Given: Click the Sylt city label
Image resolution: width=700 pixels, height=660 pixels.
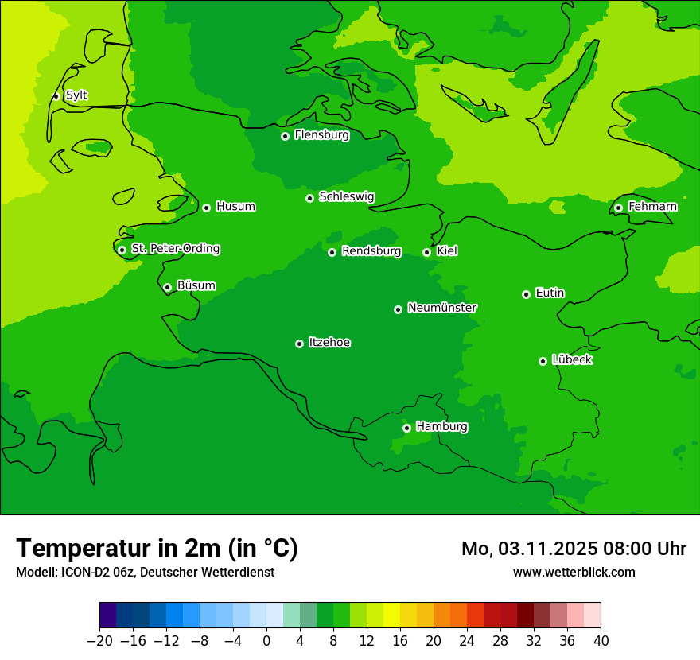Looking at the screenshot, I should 76,95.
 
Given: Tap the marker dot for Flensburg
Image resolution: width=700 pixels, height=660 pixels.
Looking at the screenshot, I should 285,136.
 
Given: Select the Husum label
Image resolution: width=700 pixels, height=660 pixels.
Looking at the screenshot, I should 235,207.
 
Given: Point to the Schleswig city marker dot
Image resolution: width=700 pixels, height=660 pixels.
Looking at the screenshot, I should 309,198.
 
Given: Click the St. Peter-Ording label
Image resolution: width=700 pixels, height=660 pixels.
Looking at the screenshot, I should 175,249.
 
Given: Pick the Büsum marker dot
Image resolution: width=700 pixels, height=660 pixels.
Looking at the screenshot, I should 167,287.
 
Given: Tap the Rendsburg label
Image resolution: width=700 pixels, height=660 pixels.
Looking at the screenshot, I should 371,251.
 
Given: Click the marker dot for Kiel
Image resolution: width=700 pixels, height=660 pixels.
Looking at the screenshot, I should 426,252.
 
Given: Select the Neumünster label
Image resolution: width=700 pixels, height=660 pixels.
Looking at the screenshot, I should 442,308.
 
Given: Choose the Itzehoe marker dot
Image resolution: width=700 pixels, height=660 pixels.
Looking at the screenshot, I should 299,344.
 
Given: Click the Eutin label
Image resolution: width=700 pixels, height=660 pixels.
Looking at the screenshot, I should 550,293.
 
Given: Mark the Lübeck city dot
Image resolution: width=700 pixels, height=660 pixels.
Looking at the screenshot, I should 542,361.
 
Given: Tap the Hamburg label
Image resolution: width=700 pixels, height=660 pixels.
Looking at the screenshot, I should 441,427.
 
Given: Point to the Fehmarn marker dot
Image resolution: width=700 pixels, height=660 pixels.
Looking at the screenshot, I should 619,208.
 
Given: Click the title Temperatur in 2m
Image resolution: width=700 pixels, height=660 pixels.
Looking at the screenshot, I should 157,549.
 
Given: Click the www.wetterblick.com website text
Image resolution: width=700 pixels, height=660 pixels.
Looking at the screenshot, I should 574,572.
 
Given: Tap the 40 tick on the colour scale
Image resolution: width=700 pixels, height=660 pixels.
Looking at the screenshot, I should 601,641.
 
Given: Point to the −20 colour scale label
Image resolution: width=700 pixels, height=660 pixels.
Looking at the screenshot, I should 100,641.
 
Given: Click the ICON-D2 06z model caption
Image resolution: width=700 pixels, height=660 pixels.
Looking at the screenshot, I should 145,573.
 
